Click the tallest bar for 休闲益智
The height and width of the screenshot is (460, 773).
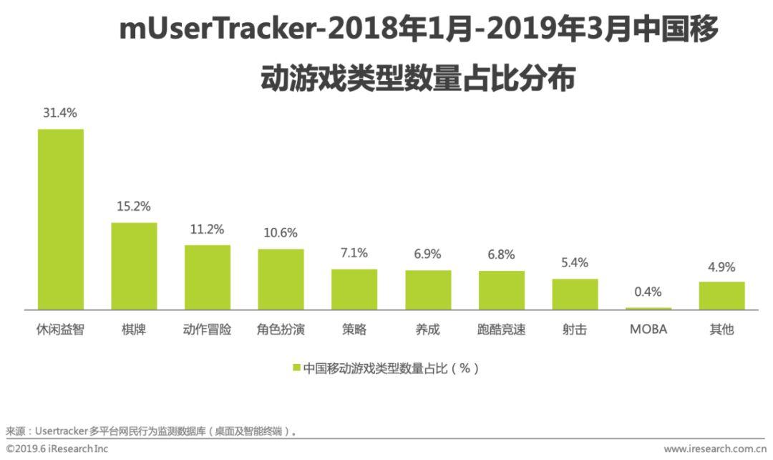click(x=61, y=219)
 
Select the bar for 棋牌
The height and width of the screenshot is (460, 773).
click(x=134, y=266)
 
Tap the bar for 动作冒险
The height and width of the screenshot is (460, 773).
click(x=208, y=277)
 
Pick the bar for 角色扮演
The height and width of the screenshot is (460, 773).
click(x=281, y=279)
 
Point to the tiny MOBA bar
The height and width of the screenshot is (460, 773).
click(x=648, y=309)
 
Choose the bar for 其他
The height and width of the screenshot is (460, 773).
click(x=721, y=295)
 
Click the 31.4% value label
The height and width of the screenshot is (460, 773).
click(x=59, y=112)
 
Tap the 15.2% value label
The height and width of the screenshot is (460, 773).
click(x=134, y=206)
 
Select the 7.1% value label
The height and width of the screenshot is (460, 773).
click(x=354, y=252)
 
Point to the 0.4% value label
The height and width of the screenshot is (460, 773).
click(x=648, y=292)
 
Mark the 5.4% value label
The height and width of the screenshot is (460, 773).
click(x=575, y=262)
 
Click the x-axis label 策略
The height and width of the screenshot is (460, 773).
click(x=354, y=330)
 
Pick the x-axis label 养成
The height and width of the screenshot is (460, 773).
click(x=428, y=330)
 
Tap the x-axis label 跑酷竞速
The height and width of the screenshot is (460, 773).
click(x=501, y=330)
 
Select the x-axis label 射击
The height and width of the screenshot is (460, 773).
click(x=575, y=330)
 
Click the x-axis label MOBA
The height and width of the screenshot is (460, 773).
click(x=648, y=330)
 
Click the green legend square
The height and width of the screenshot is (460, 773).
click(x=296, y=368)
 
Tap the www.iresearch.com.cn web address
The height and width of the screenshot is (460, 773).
click(x=715, y=449)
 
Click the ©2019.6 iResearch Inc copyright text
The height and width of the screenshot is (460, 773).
click(x=57, y=449)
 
